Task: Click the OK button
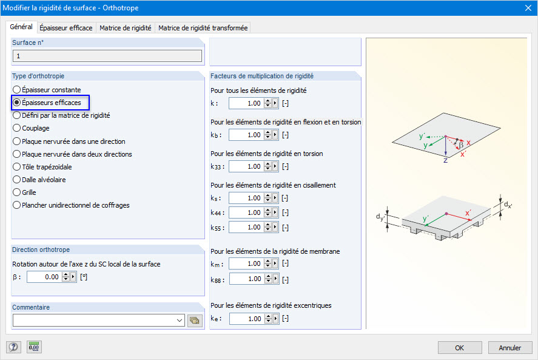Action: point(459,348)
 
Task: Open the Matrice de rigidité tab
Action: point(126,28)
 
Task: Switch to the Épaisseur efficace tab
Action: point(66,28)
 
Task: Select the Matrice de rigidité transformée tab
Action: point(203,28)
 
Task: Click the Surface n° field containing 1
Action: point(107,56)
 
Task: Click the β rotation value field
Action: point(44,277)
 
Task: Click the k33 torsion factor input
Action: point(246,166)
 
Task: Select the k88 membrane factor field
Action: point(246,279)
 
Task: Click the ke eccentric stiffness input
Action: point(246,319)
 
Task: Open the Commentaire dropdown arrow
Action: point(180,321)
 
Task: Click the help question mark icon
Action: point(13,347)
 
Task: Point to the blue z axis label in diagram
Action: point(446,160)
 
